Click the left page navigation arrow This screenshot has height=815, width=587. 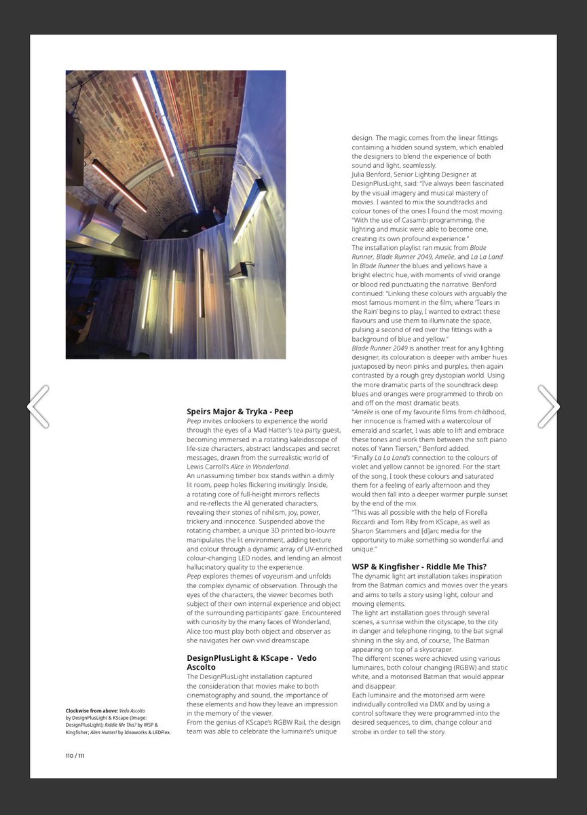coord(38,407)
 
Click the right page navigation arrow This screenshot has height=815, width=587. coord(548,407)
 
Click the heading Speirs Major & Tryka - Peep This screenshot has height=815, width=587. coord(240,412)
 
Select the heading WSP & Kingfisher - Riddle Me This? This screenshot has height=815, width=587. coord(419,566)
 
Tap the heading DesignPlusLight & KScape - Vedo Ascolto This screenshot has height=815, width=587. coord(251,662)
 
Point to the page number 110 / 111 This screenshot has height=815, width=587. coord(75,755)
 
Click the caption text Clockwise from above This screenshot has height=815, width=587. coord(92,710)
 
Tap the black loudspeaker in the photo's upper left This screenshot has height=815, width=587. coord(75,149)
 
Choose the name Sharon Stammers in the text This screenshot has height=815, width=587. coord(377,530)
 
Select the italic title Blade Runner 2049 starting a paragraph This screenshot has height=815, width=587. coord(379,348)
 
